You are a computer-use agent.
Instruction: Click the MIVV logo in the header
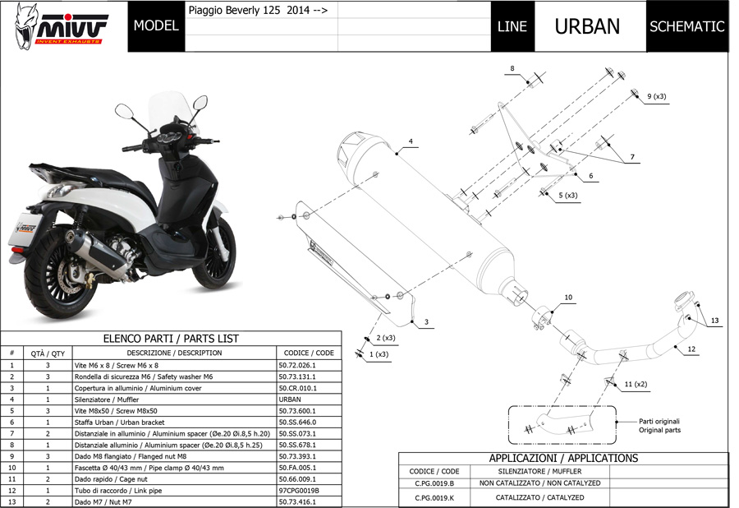pos(63,26)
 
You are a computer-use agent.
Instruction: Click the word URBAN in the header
pos(587,25)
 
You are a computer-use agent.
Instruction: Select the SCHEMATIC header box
pos(686,25)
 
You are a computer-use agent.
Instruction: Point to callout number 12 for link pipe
pos(691,349)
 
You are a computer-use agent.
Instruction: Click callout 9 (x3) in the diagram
pos(656,96)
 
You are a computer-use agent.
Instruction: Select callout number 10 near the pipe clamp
pos(567,297)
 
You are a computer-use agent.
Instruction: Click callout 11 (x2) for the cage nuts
pos(636,384)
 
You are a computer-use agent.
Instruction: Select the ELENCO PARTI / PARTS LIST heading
pos(171,338)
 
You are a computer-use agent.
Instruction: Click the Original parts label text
pos(659,430)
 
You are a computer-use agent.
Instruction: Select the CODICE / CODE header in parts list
pos(308,353)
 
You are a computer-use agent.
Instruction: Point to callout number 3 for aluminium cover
pos(426,322)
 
